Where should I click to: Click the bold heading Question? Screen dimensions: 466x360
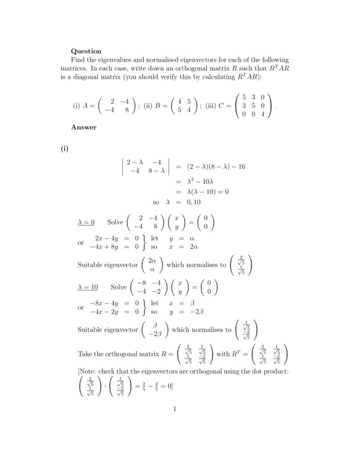pyautogui.click(x=86, y=51)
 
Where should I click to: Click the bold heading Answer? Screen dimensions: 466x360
pyautogui.click(x=84, y=127)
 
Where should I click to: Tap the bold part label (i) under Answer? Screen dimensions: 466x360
pyautogui.click(x=65, y=150)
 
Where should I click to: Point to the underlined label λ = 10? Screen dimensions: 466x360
pyautogui.click(x=88, y=287)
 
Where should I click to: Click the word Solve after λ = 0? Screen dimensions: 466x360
pyautogui.click(x=115, y=222)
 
